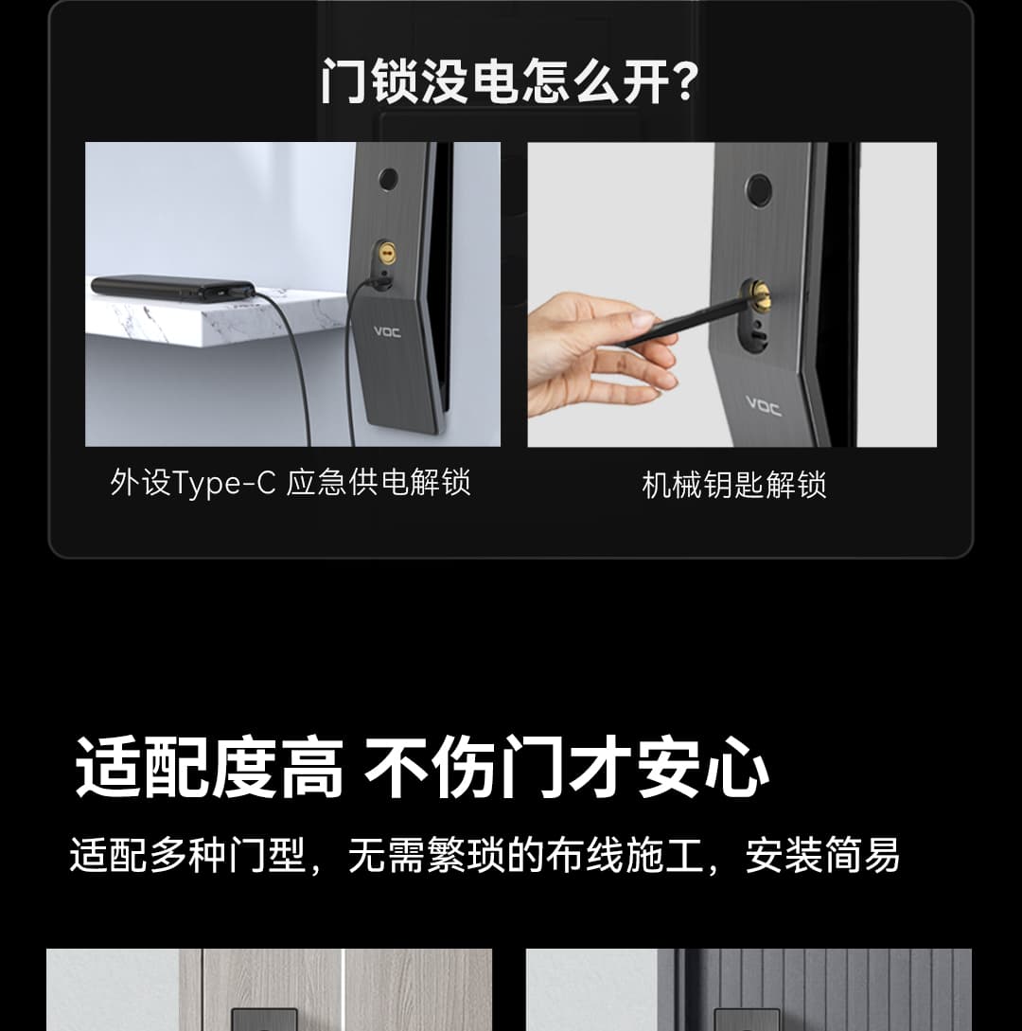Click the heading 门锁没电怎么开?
509,81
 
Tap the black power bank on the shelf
173,288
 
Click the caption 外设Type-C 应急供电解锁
290,483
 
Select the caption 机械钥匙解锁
733,486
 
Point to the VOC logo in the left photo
387,332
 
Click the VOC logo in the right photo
764,406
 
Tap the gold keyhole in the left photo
386,252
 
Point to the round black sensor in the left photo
388,178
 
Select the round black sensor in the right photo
758,189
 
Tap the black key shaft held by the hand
683,322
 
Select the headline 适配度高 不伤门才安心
422,767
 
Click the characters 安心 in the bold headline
704,767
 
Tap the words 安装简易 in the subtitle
822,855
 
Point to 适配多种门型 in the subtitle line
188,855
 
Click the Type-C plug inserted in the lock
379,283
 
